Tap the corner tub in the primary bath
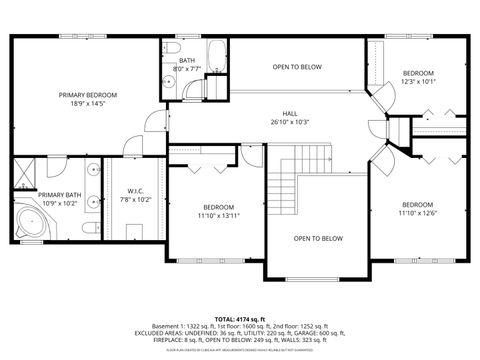click(x=31, y=221)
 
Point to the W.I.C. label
click(x=137, y=191)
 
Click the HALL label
click(x=290, y=113)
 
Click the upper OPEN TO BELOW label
click(x=297, y=67)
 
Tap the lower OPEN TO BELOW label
click(x=318, y=238)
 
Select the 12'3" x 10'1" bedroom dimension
click(x=418, y=83)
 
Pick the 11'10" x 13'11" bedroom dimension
click(x=219, y=215)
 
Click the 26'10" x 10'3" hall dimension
click(x=290, y=122)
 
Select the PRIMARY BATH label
click(x=60, y=195)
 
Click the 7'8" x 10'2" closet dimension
click(x=137, y=200)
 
